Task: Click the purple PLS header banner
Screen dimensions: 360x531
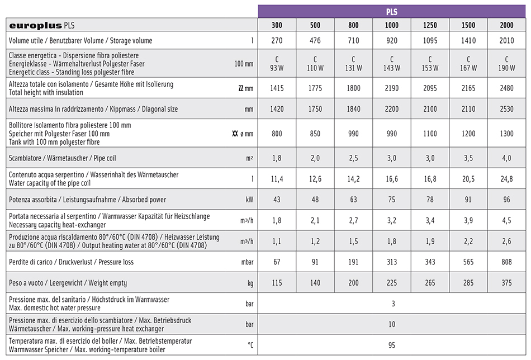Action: coord(392,11)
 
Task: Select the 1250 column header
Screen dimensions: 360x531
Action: coord(430,25)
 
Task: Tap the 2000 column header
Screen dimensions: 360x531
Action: coord(506,25)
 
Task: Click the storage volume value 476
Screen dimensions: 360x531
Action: coord(315,40)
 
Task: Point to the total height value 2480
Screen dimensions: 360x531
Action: coord(506,88)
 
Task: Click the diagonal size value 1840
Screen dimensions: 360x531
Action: coord(353,109)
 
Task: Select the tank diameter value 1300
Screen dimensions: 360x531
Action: coord(506,134)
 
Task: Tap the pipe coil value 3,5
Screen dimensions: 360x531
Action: coord(468,158)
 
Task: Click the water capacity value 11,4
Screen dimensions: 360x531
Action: coord(277,179)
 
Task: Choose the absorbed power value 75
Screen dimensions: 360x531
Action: coord(392,200)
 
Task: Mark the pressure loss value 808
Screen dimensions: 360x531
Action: coord(506,262)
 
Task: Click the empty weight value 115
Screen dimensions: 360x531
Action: coord(277,283)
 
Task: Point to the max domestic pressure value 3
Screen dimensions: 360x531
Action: coord(393,304)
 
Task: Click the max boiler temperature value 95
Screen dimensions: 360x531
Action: coord(393,345)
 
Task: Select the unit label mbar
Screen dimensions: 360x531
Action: coord(246,262)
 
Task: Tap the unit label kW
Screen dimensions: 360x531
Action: coord(249,200)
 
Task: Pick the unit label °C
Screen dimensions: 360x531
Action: coord(250,345)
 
